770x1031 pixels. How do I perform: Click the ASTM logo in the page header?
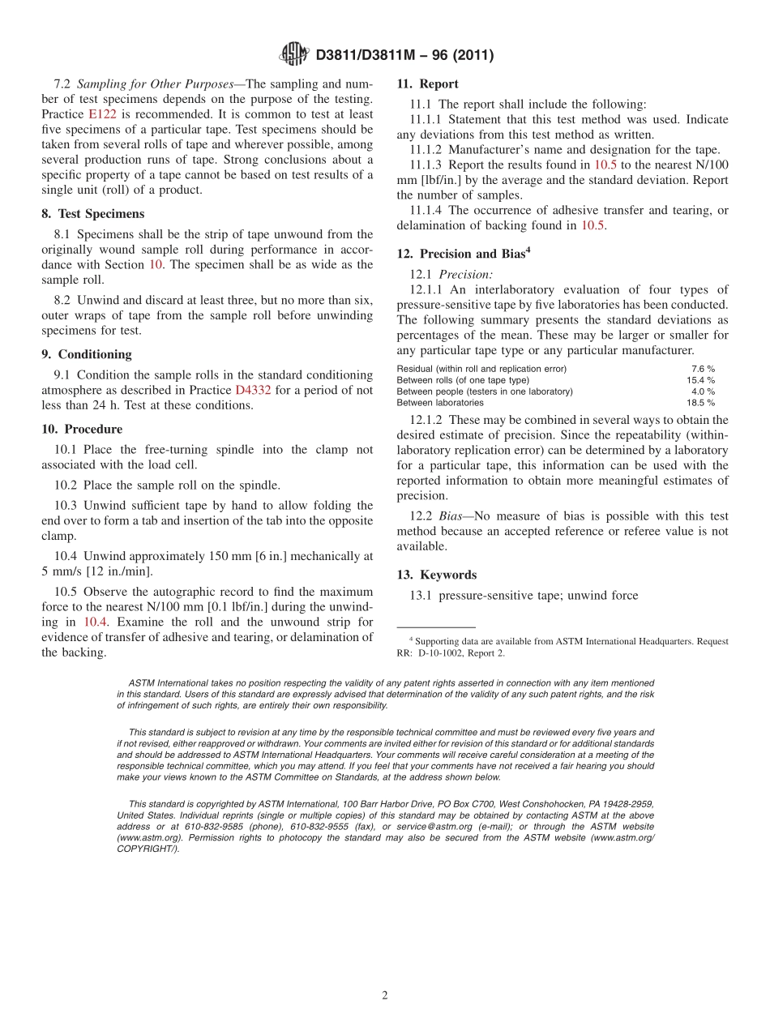(293, 54)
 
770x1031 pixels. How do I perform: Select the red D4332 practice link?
(253, 390)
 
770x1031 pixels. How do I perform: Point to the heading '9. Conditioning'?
(87, 354)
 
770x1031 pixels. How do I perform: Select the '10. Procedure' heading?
(82, 429)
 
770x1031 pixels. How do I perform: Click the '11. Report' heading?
(427, 83)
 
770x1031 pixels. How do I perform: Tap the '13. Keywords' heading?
(436, 575)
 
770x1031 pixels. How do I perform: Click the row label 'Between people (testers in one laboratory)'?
(484, 391)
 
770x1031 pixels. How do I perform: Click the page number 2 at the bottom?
(385, 995)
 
